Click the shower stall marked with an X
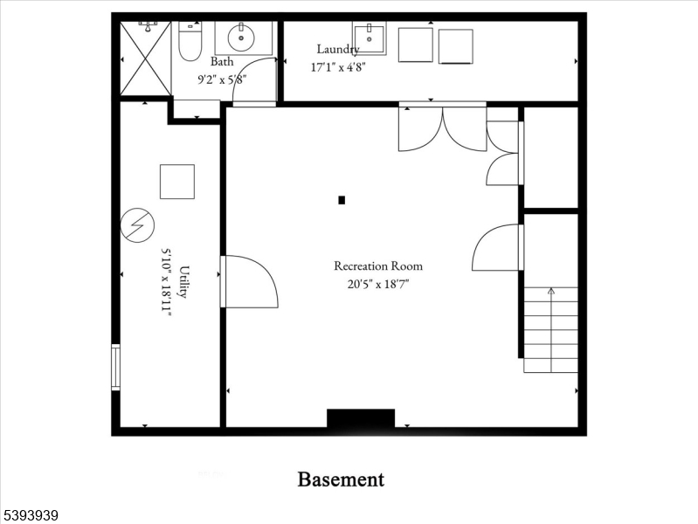pos(145,59)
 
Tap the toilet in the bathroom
pos(190,43)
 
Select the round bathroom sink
pos(241,38)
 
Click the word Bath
pos(222,62)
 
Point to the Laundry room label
pos(337,50)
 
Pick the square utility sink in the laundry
pos(369,38)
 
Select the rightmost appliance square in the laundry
pos(455,46)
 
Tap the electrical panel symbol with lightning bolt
pos(136,226)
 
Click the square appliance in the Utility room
pos(176,181)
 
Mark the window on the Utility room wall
pos(115,367)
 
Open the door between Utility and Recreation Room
pos(250,281)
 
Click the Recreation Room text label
pos(378,266)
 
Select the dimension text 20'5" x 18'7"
pos(378,283)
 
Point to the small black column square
pos(342,200)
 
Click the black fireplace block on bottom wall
pos(360,418)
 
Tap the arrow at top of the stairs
pos(550,292)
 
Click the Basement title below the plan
pos(341,479)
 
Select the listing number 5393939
pos(31,515)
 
